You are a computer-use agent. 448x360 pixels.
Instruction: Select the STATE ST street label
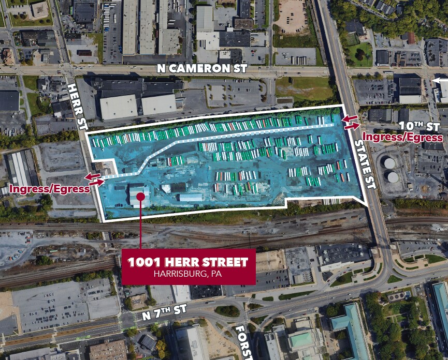pyautogui.click(x=364, y=160)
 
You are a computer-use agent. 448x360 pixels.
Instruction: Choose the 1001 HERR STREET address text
pyautogui.click(x=189, y=262)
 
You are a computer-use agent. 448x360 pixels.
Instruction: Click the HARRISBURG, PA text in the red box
pyautogui.click(x=189, y=274)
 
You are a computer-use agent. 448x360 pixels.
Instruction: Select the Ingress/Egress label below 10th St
pyautogui.click(x=402, y=137)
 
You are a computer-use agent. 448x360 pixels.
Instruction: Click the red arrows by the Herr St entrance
pyautogui.click(x=95, y=180)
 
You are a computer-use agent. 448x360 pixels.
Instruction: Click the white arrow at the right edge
pyautogui.click(x=440, y=80)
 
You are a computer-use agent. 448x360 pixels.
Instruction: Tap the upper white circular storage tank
pyautogui.click(x=389, y=163)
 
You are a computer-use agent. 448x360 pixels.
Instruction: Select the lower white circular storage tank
pyautogui.click(x=393, y=177)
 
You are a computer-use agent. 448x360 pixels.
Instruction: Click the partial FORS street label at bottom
pyautogui.click(x=243, y=342)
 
